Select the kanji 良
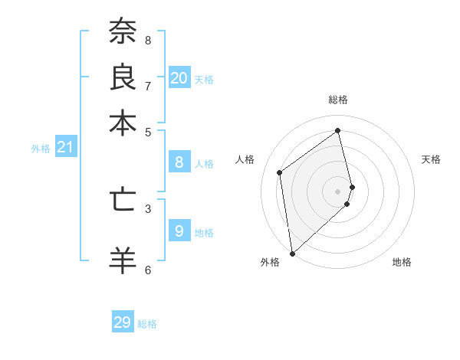[x=123, y=77]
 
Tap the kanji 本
[x=123, y=123]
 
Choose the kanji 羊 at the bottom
[x=123, y=260]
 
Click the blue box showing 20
[x=179, y=78]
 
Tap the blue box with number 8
[x=179, y=162]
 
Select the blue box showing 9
[x=179, y=231]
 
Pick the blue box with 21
[x=65, y=147]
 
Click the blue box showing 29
[x=123, y=322]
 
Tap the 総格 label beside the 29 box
[x=147, y=324]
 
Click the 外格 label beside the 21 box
[x=41, y=149]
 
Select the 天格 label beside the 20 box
[x=204, y=80]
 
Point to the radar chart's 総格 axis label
[x=338, y=100]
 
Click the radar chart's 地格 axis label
[x=402, y=263]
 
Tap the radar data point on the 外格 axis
[x=292, y=253]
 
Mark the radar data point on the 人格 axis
[x=280, y=172]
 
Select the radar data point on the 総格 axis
[x=338, y=130]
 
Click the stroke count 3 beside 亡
[x=148, y=208]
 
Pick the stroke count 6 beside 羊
[x=148, y=269]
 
